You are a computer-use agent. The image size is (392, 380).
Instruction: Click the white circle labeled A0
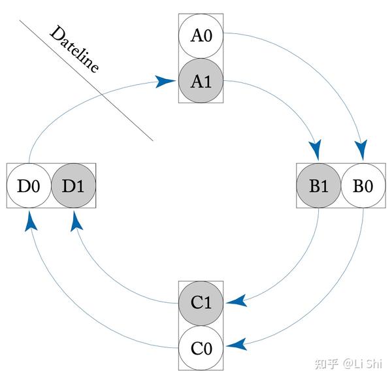point(201,35)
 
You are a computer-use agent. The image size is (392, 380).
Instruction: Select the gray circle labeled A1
point(201,81)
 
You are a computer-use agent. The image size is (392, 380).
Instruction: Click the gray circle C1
point(201,302)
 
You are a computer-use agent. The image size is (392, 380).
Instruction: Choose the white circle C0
point(201,348)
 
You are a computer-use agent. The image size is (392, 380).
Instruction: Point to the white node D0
point(29,185)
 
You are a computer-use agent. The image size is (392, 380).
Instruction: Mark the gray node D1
point(73,185)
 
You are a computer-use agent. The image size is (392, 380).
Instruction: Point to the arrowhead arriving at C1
point(236,301)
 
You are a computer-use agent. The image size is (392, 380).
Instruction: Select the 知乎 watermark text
point(327,363)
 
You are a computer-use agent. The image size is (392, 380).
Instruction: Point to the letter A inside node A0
point(195,35)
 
